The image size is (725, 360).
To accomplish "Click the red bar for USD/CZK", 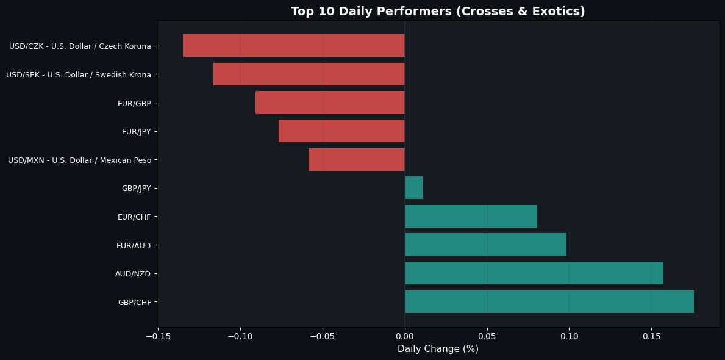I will click(x=293, y=46).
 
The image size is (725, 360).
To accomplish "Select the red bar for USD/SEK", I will click(x=309, y=74).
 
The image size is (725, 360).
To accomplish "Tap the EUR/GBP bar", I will click(x=330, y=103).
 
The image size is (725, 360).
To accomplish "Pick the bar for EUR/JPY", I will click(x=341, y=131).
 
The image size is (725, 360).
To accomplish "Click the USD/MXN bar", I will click(x=356, y=160).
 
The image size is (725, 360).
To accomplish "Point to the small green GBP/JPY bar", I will click(x=413, y=188).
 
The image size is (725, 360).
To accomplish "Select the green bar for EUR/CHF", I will click(x=471, y=217).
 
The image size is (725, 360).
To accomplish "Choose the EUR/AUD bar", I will click(x=485, y=245).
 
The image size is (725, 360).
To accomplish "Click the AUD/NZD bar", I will click(x=534, y=273).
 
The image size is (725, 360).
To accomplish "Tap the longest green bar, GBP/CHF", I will click(x=549, y=302).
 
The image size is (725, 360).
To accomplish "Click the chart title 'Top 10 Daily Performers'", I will click(x=438, y=11).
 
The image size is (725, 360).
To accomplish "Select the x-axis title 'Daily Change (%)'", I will click(x=438, y=349).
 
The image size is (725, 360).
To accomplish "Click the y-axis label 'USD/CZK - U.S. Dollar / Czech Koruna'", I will click(x=80, y=46).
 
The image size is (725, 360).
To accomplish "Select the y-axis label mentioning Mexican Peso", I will click(x=79, y=160).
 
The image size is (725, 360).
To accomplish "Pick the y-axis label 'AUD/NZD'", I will click(x=133, y=274).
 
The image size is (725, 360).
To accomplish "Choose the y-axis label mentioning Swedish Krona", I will click(x=78, y=75).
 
